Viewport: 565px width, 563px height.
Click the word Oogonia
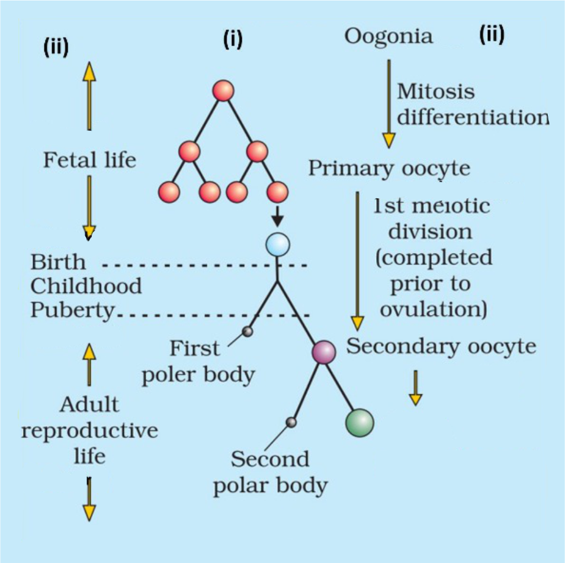click(389, 36)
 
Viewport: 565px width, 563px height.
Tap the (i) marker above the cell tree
click(233, 39)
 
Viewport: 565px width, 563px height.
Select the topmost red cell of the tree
click(223, 91)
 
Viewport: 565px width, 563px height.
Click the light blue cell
click(277, 244)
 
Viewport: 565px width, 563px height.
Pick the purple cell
click(324, 352)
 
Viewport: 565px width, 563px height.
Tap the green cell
click(359, 423)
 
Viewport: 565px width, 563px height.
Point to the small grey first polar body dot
click(248, 332)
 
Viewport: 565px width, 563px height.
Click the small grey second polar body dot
click(291, 422)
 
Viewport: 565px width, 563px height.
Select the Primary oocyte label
click(389, 168)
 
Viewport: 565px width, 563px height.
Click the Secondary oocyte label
click(441, 346)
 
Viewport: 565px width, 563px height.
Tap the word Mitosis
click(435, 92)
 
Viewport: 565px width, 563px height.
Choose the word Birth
click(58, 262)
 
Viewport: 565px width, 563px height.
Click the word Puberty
click(72, 310)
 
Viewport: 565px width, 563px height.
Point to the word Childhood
click(86, 286)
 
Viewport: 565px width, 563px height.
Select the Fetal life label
click(89, 160)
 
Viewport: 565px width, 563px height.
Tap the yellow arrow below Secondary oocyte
click(416, 388)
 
